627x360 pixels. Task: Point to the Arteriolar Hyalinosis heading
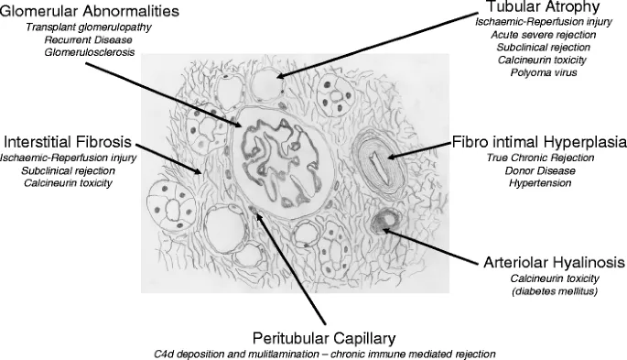[554, 262]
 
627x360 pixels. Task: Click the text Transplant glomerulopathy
[89, 27]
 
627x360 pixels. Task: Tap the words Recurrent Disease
[89, 40]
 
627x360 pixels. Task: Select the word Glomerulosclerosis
[89, 53]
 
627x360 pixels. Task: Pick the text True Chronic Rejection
[541, 158]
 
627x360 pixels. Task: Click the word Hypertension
[541, 184]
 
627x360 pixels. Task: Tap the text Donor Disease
[541, 171]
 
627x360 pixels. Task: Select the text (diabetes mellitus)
[554, 291]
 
